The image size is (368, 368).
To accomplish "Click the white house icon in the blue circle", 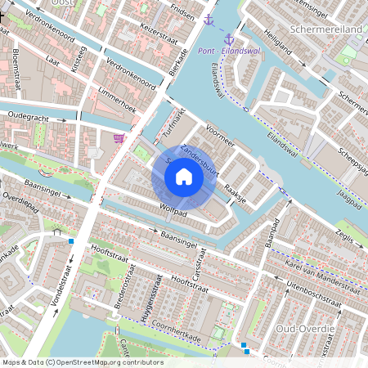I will pyautogui.click(x=184, y=175).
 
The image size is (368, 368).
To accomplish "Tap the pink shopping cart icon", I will pyautogui.click(x=119, y=138).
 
